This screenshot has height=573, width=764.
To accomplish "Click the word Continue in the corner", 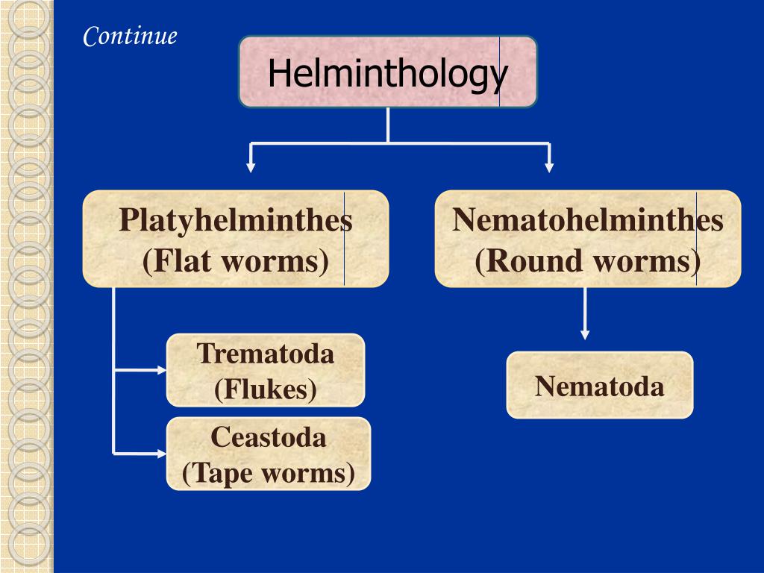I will (x=130, y=36).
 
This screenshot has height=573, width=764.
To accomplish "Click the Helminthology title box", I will (x=387, y=72).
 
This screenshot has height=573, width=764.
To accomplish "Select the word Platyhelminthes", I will (x=235, y=221).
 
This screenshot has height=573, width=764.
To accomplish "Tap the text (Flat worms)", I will (x=236, y=261).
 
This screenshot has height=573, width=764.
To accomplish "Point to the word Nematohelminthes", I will (x=588, y=221).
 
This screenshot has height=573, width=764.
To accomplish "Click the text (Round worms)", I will (x=588, y=261).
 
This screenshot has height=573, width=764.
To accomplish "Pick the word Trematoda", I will (x=266, y=353).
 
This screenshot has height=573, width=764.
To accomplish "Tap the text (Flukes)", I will (x=266, y=389).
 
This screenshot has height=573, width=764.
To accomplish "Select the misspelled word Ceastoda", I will (x=269, y=436).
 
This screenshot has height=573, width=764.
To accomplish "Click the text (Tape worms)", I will (x=269, y=473).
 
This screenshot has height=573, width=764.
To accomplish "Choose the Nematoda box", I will (x=600, y=385).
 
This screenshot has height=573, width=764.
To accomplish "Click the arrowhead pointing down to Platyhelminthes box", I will (x=251, y=167).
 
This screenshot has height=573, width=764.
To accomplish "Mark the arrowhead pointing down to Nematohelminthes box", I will (x=549, y=167).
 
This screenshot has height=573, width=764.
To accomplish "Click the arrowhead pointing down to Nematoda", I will (x=585, y=334).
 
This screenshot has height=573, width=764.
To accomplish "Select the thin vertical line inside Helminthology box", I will (x=500, y=72).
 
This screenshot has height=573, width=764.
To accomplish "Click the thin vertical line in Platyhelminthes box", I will (x=344, y=239).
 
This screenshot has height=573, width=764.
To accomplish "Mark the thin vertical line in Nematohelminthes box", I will (x=696, y=239).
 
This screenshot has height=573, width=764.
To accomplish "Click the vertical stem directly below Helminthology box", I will (x=388, y=125).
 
